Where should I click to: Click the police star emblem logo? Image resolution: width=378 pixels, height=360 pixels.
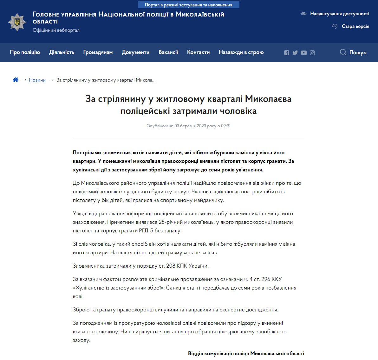[17, 22]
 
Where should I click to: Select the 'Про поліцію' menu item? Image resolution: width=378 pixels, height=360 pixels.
[25, 52]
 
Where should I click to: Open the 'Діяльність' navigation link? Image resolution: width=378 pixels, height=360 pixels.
[62, 52]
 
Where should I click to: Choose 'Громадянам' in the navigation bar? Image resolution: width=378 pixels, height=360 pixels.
[98, 52]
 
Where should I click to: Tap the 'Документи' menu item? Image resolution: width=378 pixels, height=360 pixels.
[135, 52]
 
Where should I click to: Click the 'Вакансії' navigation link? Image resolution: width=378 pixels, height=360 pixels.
[168, 52]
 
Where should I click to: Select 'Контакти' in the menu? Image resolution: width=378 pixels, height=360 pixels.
[198, 52]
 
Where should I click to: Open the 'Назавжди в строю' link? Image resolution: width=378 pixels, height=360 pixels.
[241, 52]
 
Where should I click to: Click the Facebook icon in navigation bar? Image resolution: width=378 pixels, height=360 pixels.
[287, 53]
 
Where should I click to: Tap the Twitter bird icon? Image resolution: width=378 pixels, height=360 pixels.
[295, 53]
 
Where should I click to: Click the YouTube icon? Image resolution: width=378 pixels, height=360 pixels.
[304, 53]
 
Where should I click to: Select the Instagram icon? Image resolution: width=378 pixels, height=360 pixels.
[312, 53]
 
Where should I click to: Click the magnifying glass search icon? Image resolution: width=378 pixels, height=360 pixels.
[343, 52]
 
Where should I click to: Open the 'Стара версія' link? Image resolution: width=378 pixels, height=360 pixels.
[355, 26]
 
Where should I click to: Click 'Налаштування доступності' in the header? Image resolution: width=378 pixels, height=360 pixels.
[339, 14]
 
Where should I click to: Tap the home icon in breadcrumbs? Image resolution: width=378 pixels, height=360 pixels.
[15, 80]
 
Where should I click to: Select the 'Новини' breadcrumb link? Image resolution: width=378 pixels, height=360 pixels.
[37, 80]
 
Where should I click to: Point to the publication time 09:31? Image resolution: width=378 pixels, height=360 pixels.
[226, 126]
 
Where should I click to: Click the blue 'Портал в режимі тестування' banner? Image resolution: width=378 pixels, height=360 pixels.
[188, 5]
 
